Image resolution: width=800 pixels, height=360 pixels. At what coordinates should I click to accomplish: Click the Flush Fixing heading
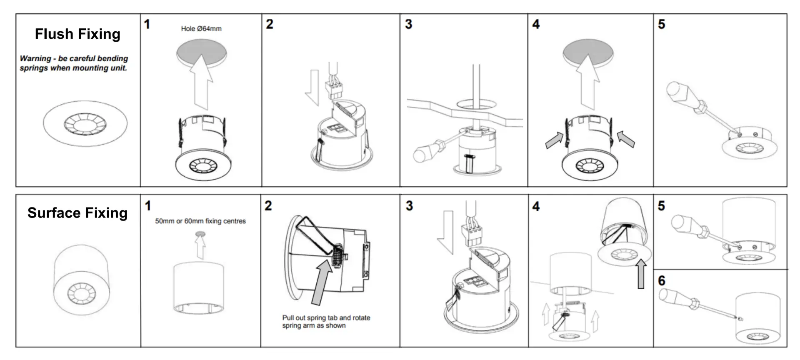tap(77, 34)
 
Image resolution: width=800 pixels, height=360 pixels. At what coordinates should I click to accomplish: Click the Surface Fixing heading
tap(77, 213)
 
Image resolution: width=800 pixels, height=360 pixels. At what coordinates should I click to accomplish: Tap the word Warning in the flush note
tap(35, 59)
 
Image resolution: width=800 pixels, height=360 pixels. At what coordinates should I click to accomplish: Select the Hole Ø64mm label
tap(201, 29)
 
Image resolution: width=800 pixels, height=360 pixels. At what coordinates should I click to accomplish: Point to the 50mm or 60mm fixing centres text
tap(200, 221)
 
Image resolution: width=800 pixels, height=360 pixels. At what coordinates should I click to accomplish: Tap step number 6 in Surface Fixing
tap(662, 281)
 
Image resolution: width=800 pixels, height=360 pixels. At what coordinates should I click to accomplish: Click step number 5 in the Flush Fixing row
tap(662, 24)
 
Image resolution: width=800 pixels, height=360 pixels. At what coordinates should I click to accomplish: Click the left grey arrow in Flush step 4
tap(554, 140)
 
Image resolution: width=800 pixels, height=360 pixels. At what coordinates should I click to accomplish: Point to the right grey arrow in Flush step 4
tap(626, 139)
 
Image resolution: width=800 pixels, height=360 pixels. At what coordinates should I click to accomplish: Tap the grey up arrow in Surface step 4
tap(641, 274)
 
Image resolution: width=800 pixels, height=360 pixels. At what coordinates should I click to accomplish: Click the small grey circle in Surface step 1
tap(200, 235)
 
